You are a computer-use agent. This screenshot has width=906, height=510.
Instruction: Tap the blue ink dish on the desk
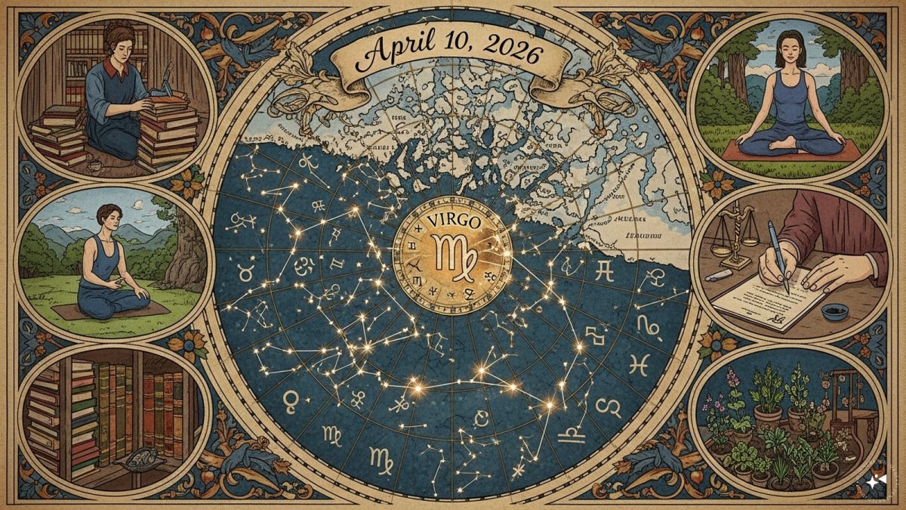(x=835, y=311)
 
